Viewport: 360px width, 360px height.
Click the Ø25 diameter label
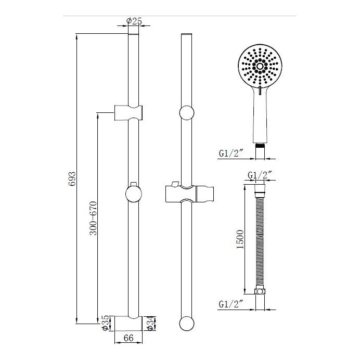point(134,21)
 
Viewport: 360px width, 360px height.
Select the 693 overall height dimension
point(73,178)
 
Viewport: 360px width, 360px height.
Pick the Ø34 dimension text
point(149,323)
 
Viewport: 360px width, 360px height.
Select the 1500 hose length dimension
point(239,239)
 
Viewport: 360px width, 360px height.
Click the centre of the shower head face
point(259,66)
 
